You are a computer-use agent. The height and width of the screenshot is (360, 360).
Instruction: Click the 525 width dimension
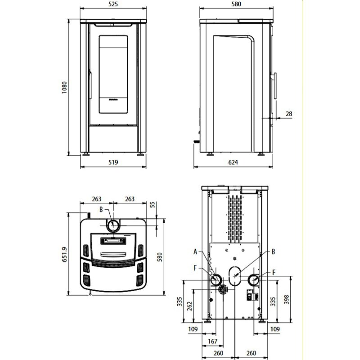113,4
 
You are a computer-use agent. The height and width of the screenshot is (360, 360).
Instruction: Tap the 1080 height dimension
64,87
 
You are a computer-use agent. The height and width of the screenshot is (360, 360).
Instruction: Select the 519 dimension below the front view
113,162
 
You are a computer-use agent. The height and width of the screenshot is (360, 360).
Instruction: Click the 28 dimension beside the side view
289,114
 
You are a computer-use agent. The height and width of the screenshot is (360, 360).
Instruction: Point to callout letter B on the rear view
273,252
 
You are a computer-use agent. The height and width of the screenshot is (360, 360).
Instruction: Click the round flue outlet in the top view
113,225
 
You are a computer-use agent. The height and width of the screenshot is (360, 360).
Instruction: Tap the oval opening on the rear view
234,275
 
